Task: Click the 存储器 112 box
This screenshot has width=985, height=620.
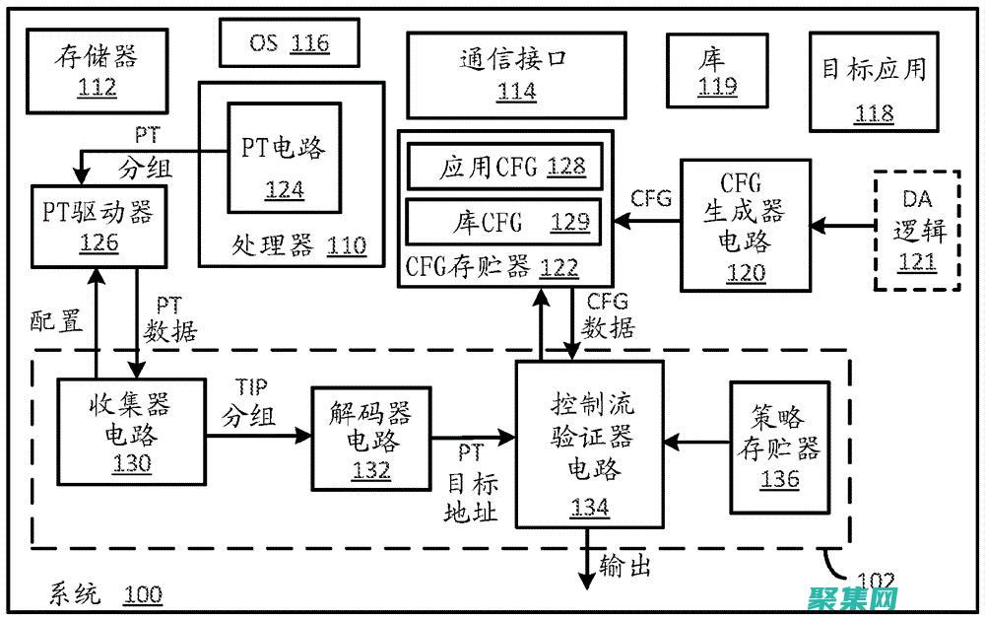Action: tap(86, 70)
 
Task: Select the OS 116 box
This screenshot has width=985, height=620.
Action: tap(289, 42)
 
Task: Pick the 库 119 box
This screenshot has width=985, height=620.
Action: tap(717, 71)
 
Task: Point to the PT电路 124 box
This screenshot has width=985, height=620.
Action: tap(284, 164)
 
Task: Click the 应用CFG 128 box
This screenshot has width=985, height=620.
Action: tap(504, 168)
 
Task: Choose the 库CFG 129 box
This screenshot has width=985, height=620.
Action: tap(504, 221)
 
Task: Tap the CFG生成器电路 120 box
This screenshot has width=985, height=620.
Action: tap(746, 226)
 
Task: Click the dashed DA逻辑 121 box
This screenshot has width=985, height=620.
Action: tap(917, 232)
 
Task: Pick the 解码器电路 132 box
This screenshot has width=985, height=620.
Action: tap(370, 439)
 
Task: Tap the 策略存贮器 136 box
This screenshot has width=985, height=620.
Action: tap(779, 446)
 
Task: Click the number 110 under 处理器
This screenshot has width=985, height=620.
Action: tap(345, 245)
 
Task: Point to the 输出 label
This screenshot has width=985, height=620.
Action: tap(624, 567)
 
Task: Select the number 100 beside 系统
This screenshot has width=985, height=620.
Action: tap(143, 595)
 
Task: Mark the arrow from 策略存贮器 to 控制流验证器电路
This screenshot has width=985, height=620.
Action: tap(696, 443)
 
